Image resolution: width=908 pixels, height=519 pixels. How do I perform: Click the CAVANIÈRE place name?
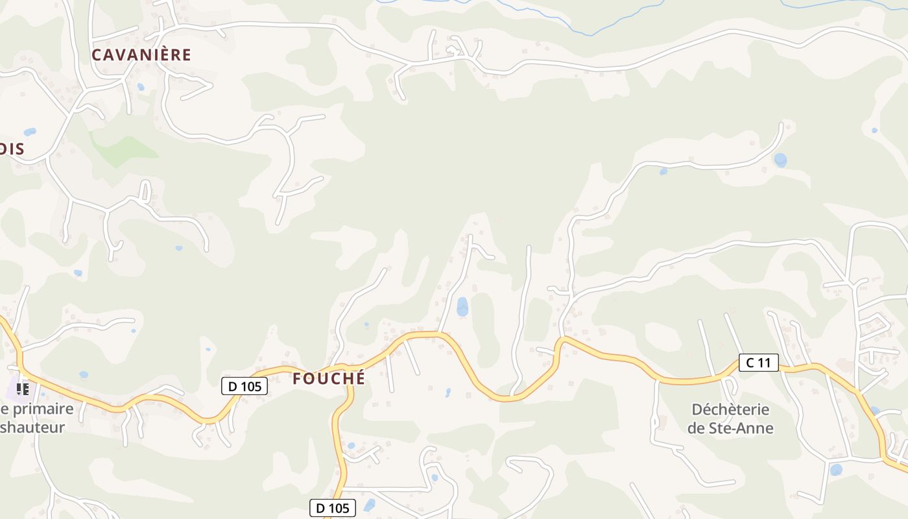click(141, 55)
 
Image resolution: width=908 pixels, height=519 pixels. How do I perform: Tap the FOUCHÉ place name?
click(329, 379)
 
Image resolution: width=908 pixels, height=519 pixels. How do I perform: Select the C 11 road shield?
click(758, 363)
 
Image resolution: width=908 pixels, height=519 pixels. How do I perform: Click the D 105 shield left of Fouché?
click(245, 386)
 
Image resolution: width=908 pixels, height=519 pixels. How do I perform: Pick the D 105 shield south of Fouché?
click(333, 508)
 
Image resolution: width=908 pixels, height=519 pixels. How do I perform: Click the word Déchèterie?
click(730, 410)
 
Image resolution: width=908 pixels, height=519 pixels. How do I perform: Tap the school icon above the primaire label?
click(23, 389)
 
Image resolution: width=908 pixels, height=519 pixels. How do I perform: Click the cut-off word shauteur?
click(32, 428)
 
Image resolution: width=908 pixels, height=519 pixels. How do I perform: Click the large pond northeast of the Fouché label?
click(462, 306)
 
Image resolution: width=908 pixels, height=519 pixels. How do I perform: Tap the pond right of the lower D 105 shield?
click(370, 505)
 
